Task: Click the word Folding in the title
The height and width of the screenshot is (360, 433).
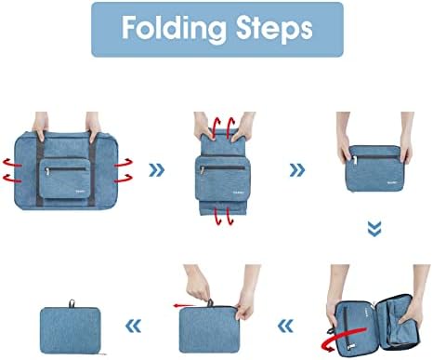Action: coord(174,28)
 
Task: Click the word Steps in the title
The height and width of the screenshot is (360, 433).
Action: coord(274,28)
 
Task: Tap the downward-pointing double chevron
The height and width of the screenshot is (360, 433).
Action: coord(374,229)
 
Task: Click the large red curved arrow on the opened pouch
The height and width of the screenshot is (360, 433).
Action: coord(344,338)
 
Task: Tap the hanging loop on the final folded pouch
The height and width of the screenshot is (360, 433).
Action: coord(72,303)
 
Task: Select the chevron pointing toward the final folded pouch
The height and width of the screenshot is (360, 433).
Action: coord(134,326)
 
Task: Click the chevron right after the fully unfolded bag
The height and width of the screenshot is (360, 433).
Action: coord(157,170)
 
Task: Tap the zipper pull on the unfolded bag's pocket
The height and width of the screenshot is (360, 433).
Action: coord(47,171)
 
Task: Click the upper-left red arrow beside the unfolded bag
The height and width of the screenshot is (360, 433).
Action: coord(12,163)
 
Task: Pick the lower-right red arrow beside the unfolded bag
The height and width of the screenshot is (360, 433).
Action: coord(124,179)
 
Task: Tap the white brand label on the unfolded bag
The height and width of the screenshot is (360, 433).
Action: coord(81,191)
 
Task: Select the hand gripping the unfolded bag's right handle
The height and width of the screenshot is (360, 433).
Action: coord(93,127)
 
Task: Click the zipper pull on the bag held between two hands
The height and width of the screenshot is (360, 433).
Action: coord(355,160)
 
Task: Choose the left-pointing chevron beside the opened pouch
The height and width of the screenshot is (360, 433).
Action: coord(285,326)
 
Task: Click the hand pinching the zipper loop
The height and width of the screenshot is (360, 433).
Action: coord(197,283)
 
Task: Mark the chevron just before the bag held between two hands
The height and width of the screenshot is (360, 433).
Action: coord(297,170)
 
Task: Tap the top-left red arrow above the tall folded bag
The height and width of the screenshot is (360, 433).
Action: coord(216,125)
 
